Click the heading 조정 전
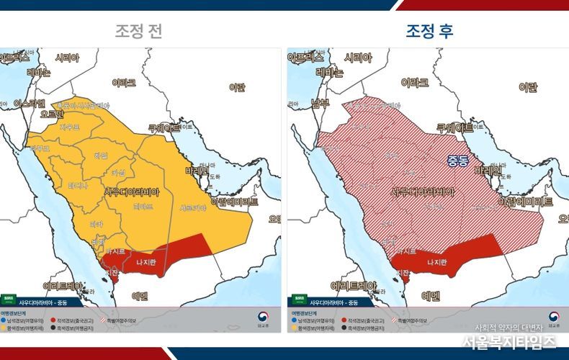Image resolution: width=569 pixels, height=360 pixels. pyautogui.click(x=140, y=31)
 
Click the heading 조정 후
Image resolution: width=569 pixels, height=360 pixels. pyautogui.click(x=429, y=31)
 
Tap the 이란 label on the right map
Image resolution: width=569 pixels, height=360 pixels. pyautogui.click(x=528, y=88)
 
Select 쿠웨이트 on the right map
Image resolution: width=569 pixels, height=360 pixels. pyautogui.click(x=454, y=127)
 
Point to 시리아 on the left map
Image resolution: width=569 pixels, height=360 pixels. pyautogui.click(x=67, y=58)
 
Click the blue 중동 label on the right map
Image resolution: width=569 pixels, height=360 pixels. pyautogui.click(x=457, y=159)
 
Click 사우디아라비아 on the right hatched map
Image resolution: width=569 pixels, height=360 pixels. pyautogui.click(x=422, y=192)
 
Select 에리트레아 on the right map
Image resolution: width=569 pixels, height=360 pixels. pyautogui.click(x=354, y=285)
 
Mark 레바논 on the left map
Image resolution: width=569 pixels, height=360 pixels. pyautogui.click(x=38, y=73)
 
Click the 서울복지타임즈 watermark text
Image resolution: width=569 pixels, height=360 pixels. pyautogui.click(x=508, y=341)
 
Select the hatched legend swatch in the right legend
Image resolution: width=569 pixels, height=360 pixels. pyautogui.click(x=395, y=320)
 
